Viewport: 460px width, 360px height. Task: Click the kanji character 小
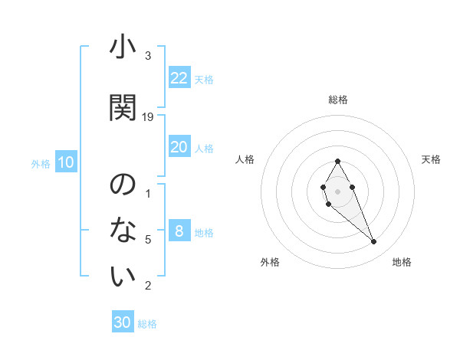coord(123,50)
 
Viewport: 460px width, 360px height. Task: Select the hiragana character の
coord(123,185)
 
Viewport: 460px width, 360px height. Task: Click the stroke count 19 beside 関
coord(149,117)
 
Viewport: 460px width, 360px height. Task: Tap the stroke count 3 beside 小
coord(148,56)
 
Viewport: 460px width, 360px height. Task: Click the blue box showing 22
coord(179,78)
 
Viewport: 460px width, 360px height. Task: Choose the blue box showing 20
coord(179,147)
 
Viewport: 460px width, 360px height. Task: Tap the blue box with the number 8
coord(179,231)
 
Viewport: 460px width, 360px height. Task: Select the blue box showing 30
coord(123,322)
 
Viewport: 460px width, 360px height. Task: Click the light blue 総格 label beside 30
coord(148,324)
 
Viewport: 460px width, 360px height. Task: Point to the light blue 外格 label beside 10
coord(41,163)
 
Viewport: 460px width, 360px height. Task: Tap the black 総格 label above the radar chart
coord(338,100)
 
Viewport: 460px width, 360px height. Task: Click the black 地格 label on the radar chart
coord(402,263)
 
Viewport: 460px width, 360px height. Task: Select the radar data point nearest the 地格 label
coord(373,242)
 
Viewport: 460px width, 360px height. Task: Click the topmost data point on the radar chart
coord(338,161)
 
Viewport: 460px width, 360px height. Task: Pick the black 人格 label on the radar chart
coord(245,159)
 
